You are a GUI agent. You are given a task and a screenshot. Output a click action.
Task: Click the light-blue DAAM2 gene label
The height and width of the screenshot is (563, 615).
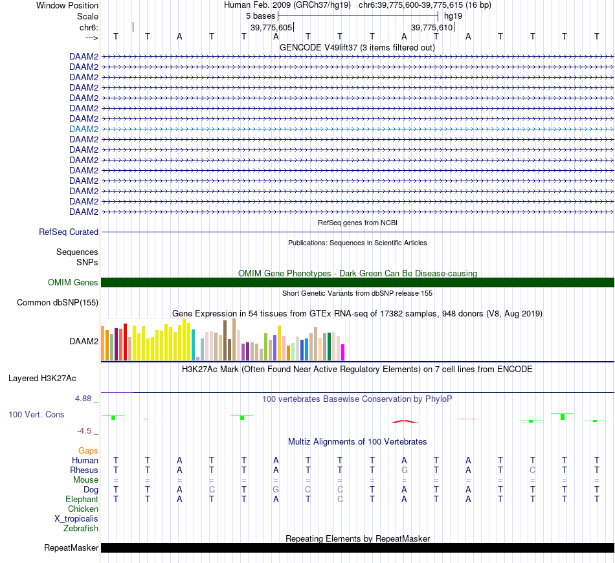point(84,129)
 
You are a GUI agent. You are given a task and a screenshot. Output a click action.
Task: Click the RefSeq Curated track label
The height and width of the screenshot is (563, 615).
point(69,232)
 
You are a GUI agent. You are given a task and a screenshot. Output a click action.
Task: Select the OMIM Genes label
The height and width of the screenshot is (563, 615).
point(73,282)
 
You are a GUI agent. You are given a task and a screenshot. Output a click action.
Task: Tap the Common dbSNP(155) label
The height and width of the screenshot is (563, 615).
point(58,302)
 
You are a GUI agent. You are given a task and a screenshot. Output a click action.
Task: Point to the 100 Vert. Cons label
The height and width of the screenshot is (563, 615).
point(36,414)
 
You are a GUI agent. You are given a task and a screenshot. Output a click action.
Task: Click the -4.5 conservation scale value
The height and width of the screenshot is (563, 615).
point(84,430)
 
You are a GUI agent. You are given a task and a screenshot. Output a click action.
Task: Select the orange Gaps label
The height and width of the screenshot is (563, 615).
point(88,450)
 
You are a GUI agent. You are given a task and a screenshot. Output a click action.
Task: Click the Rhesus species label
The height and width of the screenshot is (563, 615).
point(84,470)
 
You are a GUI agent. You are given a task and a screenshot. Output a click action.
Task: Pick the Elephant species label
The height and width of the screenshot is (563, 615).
point(82,499)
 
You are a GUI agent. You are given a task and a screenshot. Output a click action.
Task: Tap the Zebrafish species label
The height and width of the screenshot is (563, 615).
point(81,528)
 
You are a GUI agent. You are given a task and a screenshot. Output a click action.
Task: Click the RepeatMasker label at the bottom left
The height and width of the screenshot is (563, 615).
point(71,548)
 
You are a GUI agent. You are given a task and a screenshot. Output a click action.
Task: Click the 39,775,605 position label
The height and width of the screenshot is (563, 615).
point(271,28)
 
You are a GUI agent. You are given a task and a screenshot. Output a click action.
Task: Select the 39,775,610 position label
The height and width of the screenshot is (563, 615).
point(431,28)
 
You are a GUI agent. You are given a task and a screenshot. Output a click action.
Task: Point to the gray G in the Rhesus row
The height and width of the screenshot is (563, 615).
point(405,470)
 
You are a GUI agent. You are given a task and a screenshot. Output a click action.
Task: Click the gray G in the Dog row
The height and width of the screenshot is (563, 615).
point(276,489)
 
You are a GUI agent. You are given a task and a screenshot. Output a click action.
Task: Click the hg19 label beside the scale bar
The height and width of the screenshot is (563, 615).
point(453,16)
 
